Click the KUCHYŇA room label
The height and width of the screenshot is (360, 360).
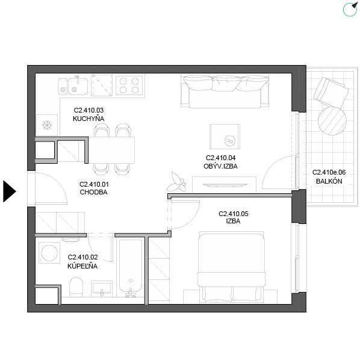pyautogui.click(x=88, y=119)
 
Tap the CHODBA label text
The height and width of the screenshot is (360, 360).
pyautogui.click(x=94, y=192)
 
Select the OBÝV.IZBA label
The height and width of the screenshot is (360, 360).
pyautogui.click(x=220, y=166)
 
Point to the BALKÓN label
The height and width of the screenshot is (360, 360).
pyautogui.click(x=329, y=181)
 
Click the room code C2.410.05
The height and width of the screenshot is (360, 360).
pyautogui.click(x=233, y=214)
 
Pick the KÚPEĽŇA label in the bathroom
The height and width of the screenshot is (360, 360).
pyautogui.click(x=82, y=266)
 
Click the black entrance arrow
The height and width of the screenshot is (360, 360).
pyautogui.click(x=10, y=191)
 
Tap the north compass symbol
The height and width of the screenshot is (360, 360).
pyautogui.click(x=350, y=10)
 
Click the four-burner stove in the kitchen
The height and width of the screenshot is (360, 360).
pyautogui.click(x=129, y=85)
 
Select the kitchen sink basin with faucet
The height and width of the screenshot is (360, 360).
pyautogui.click(x=78, y=86)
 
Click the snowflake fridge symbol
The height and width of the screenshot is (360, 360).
pyautogui.click(x=47, y=125)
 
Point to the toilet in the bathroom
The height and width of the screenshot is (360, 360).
pyautogui.click(x=76, y=287)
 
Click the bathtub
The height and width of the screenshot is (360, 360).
pyautogui.click(x=131, y=268)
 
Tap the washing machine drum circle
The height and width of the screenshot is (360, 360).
pyautogui.click(x=49, y=253)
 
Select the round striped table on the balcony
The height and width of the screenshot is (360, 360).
pyautogui.click(x=332, y=121)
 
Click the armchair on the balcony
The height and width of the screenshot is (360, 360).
pyautogui.click(x=331, y=92)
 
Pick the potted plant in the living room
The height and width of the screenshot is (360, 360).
pyautogui.click(x=176, y=182)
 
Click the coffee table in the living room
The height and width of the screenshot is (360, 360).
pyautogui.click(x=225, y=137)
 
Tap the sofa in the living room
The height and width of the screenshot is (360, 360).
pyautogui.click(x=225, y=91)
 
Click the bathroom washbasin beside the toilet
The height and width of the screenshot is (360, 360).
pyautogui.click(x=102, y=288)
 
